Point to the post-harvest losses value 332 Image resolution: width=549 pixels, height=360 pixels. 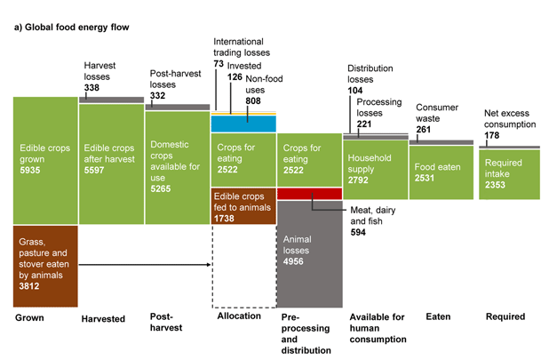tap(158, 96)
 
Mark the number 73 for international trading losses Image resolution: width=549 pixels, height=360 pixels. tap(219, 66)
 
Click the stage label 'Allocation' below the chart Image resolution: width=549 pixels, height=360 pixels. tap(238, 316)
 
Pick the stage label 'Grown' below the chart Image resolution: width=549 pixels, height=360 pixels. tap(29, 316)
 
